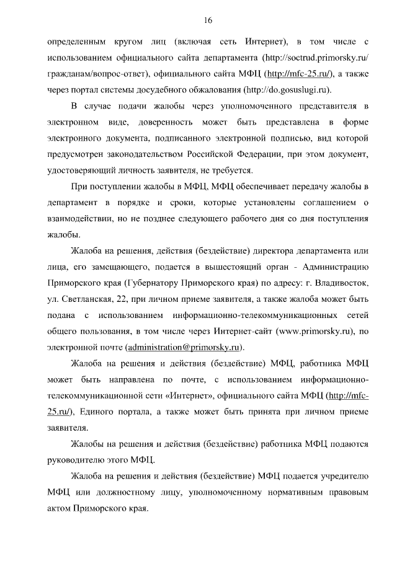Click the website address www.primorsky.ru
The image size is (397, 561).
(x=311, y=332)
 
